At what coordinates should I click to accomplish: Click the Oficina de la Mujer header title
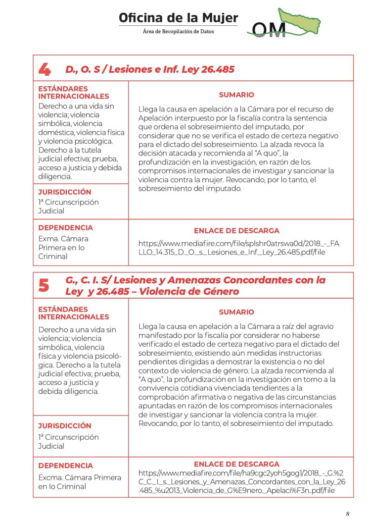[178, 18]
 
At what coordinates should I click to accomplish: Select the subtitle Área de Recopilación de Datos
[178, 31]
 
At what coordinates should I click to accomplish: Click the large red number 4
[44, 70]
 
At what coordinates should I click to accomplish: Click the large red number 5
[44, 286]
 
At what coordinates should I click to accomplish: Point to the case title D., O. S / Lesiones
[150, 69]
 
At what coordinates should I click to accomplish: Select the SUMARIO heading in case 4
[236, 95]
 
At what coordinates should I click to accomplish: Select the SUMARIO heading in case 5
[236, 312]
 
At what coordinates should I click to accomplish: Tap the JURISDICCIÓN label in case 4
[65, 192]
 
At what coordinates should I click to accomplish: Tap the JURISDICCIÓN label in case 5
[65, 425]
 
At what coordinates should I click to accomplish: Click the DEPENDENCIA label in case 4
[65, 228]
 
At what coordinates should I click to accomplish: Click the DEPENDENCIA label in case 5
[65, 466]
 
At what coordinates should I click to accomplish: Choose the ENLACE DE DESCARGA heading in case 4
[236, 231]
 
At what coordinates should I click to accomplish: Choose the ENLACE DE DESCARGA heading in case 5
[236, 464]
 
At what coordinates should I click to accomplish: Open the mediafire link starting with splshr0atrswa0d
[239, 248]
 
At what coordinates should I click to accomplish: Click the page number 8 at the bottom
[347, 514]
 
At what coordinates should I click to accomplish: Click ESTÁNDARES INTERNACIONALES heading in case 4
[74, 92]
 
